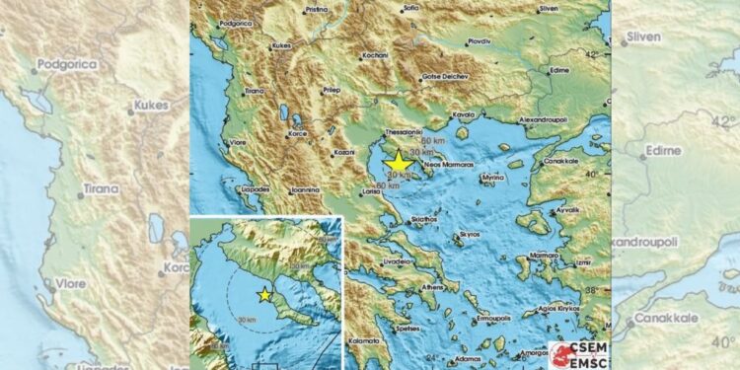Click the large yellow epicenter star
(x=399, y=163)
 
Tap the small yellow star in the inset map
(x=264, y=294)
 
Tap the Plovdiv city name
(x=481, y=41)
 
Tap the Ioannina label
(x=304, y=189)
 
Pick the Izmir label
(x=580, y=263)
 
